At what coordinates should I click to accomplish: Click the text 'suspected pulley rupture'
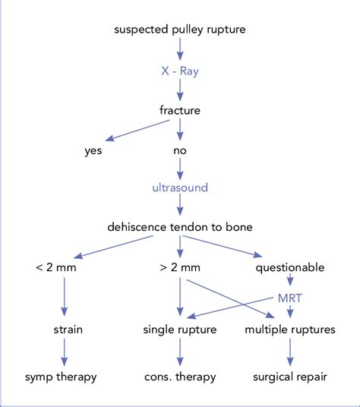point(180,30)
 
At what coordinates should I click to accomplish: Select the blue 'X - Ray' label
point(180,70)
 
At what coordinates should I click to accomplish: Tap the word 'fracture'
point(180,110)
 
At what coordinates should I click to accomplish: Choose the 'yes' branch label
point(93,150)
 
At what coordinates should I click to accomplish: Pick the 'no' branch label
point(180,150)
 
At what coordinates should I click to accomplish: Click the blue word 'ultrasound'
point(180,186)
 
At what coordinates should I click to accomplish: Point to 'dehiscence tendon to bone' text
point(180,226)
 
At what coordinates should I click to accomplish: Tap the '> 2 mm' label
point(180,267)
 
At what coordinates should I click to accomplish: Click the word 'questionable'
point(289,267)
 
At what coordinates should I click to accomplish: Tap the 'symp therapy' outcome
point(63,377)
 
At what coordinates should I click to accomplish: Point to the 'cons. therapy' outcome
point(180,377)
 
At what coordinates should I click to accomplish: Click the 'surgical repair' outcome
point(289,377)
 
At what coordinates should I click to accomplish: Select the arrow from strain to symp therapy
point(63,353)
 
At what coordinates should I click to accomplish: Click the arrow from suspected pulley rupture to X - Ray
point(180,49)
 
